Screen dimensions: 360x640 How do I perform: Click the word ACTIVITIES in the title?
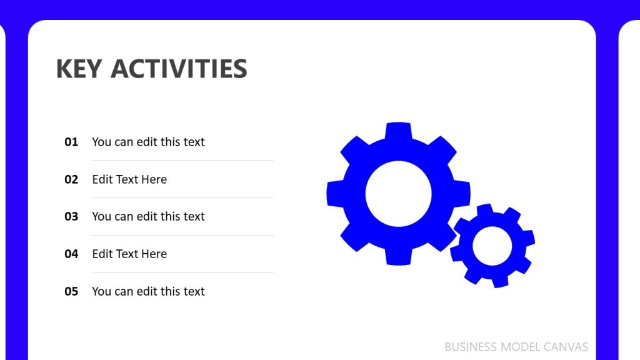(x=179, y=69)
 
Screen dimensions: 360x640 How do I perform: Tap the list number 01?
(x=71, y=142)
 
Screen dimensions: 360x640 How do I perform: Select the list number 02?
(x=71, y=179)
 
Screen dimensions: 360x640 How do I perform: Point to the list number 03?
(x=71, y=216)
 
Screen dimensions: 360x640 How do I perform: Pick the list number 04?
(x=71, y=254)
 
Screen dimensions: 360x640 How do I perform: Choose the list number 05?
(x=71, y=291)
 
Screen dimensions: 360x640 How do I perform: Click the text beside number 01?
(x=148, y=142)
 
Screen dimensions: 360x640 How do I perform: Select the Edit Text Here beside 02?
(x=129, y=179)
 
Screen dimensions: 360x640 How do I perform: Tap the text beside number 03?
(x=148, y=216)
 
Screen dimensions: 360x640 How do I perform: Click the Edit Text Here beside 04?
(x=129, y=254)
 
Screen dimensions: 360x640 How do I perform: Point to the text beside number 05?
(x=148, y=291)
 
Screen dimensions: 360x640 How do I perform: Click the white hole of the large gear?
(x=398, y=194)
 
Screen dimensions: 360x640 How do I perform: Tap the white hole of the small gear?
(x=492, y=246)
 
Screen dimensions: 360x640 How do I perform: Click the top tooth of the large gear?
(x=398, y=130)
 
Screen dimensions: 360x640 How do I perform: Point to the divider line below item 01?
(x=182, y=161)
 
